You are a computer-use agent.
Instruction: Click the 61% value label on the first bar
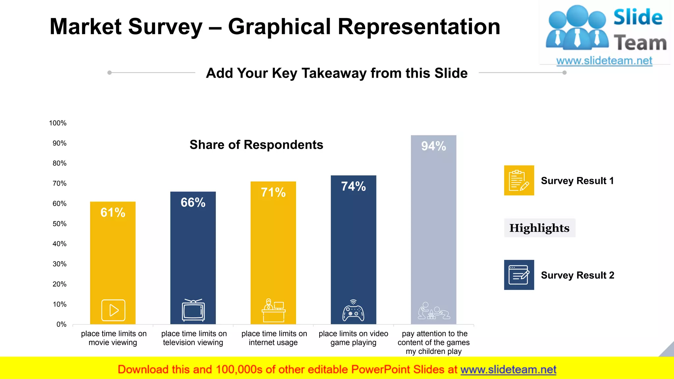(x=113, y=213)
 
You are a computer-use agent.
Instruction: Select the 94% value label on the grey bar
(x=433, y=146)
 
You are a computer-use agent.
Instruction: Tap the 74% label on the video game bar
(x=353, y=187)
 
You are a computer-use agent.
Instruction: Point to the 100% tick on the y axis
(x=58, y=123)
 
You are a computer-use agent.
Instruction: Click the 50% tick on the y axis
(x=59, y=224)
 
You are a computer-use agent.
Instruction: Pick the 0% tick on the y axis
(x=61, y=324)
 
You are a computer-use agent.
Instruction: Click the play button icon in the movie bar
(x=113, y=310)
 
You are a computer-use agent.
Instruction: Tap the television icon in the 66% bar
(x=193, y=310)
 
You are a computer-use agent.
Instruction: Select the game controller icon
(x=353, y=311)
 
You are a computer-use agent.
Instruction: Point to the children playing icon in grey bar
(x=433, y=311)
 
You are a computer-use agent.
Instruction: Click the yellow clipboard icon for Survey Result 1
(x=519, y=180)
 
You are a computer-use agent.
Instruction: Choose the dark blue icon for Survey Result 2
(x=519, y=275)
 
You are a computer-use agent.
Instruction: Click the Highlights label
(x=539, y=228)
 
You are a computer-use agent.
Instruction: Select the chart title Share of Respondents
(x=256, y=145)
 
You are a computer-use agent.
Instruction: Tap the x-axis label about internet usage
(x=274, y=338)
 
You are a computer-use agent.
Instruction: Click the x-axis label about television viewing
(x=194, y=338)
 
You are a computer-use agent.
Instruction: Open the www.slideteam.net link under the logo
(x=604, y=61)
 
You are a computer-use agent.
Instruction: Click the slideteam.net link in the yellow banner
(x=508, y=369)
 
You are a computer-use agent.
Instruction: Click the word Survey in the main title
(x=165, y=27)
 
